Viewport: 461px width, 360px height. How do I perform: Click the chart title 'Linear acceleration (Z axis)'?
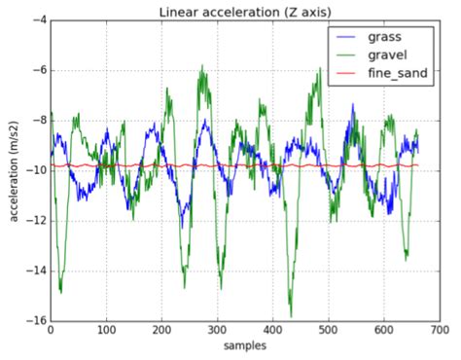[x=245, y=11]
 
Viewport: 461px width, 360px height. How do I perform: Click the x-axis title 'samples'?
[x=245, y=347]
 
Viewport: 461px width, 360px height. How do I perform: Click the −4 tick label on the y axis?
[x=35, y=19]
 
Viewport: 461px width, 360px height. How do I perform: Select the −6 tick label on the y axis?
[x=35, y=70]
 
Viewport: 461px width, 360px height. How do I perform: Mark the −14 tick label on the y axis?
[x=32, y=270]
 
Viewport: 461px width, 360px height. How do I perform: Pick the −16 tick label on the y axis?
[x=32, y=321]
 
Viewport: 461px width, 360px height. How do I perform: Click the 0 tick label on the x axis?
[x=50, y=331]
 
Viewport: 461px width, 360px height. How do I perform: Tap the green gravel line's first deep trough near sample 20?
[x=60, y=291]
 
